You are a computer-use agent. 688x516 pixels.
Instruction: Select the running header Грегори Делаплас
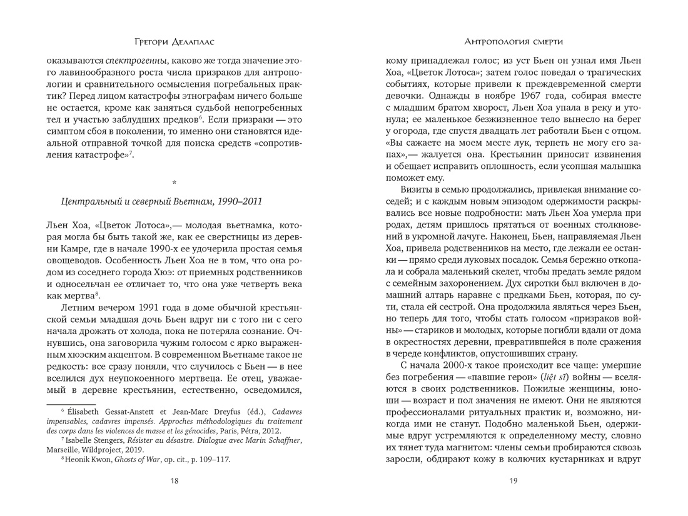175,42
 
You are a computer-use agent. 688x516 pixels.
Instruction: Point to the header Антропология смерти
513,42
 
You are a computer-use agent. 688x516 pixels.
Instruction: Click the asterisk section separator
175,183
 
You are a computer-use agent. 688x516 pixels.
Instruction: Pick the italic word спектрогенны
136,61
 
